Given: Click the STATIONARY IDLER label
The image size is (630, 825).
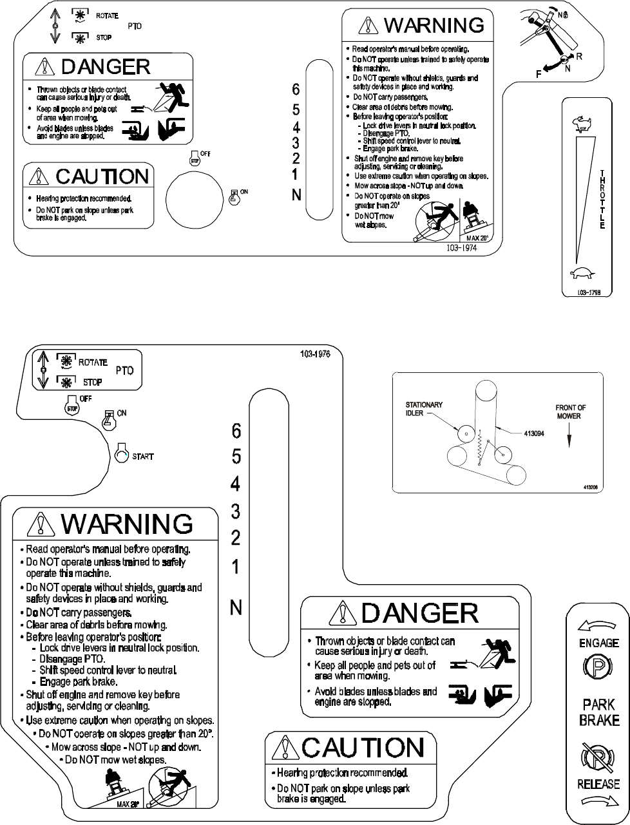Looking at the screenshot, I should pyautogui.click(x=423, y=408).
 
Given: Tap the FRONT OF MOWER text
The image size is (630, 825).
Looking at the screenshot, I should pyautogui.click(x=570, y=412).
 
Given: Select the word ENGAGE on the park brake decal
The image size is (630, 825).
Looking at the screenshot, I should pyautogui.click(x=599, y=643).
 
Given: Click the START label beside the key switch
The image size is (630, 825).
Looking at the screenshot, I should pyautogui.click(x=143, y=457).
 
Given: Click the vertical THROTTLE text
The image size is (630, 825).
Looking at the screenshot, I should pyautogui.click(x=602, y=200).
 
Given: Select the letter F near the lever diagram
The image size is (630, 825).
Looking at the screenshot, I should pyautogui.click(x=538, y=75).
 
